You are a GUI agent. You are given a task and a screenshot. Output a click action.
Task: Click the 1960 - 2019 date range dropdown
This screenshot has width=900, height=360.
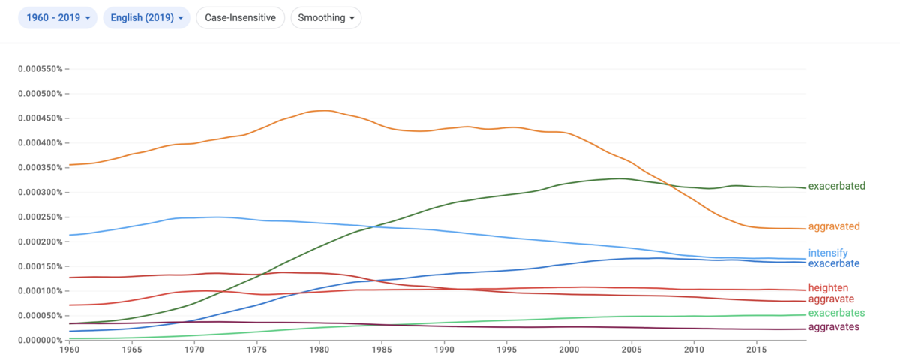tap(58, 18)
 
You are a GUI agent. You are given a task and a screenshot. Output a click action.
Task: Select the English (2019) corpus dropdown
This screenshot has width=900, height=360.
tap(147, 18)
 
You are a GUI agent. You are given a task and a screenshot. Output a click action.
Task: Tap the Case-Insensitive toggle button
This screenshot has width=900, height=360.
tap(240, 18)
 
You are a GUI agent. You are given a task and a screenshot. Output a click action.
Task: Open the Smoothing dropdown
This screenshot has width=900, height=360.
tap(325, 18)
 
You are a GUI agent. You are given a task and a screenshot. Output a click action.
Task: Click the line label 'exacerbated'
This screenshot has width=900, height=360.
tap(836, 186)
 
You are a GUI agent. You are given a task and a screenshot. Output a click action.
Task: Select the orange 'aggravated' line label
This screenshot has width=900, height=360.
tap(834, 226)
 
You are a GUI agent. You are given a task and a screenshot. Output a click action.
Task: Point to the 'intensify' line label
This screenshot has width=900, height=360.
tap(828, 253)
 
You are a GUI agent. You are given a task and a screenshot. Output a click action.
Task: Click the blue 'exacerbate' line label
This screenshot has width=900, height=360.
tap(834, 263)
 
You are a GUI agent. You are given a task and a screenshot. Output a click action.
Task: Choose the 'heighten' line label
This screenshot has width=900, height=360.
tap(828, 288)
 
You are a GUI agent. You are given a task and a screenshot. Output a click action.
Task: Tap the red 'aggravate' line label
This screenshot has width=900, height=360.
tap(831, 299)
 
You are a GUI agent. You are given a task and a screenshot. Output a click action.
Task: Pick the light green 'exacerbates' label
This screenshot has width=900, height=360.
tap(836, 313)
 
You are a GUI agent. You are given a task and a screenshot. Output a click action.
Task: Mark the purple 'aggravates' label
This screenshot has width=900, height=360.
tap(834, 327)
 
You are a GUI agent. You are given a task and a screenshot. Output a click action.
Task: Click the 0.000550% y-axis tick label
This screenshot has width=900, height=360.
tap(40, 69)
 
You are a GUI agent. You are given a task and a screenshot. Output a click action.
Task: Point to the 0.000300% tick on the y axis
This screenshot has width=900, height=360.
tap(40, 192)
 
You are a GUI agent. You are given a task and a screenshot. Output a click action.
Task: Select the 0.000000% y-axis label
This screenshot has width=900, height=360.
tap(40, 340)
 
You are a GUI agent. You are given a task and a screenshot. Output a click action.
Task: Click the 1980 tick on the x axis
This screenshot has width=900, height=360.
tap(319, 349)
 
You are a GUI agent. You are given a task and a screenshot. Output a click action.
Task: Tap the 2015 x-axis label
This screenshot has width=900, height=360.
tap(756, 349)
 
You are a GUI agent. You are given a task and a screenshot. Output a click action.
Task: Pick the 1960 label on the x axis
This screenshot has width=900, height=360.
tap(70, 349)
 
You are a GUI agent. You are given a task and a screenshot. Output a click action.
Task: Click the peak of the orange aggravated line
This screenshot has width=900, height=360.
tap(324, 110)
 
